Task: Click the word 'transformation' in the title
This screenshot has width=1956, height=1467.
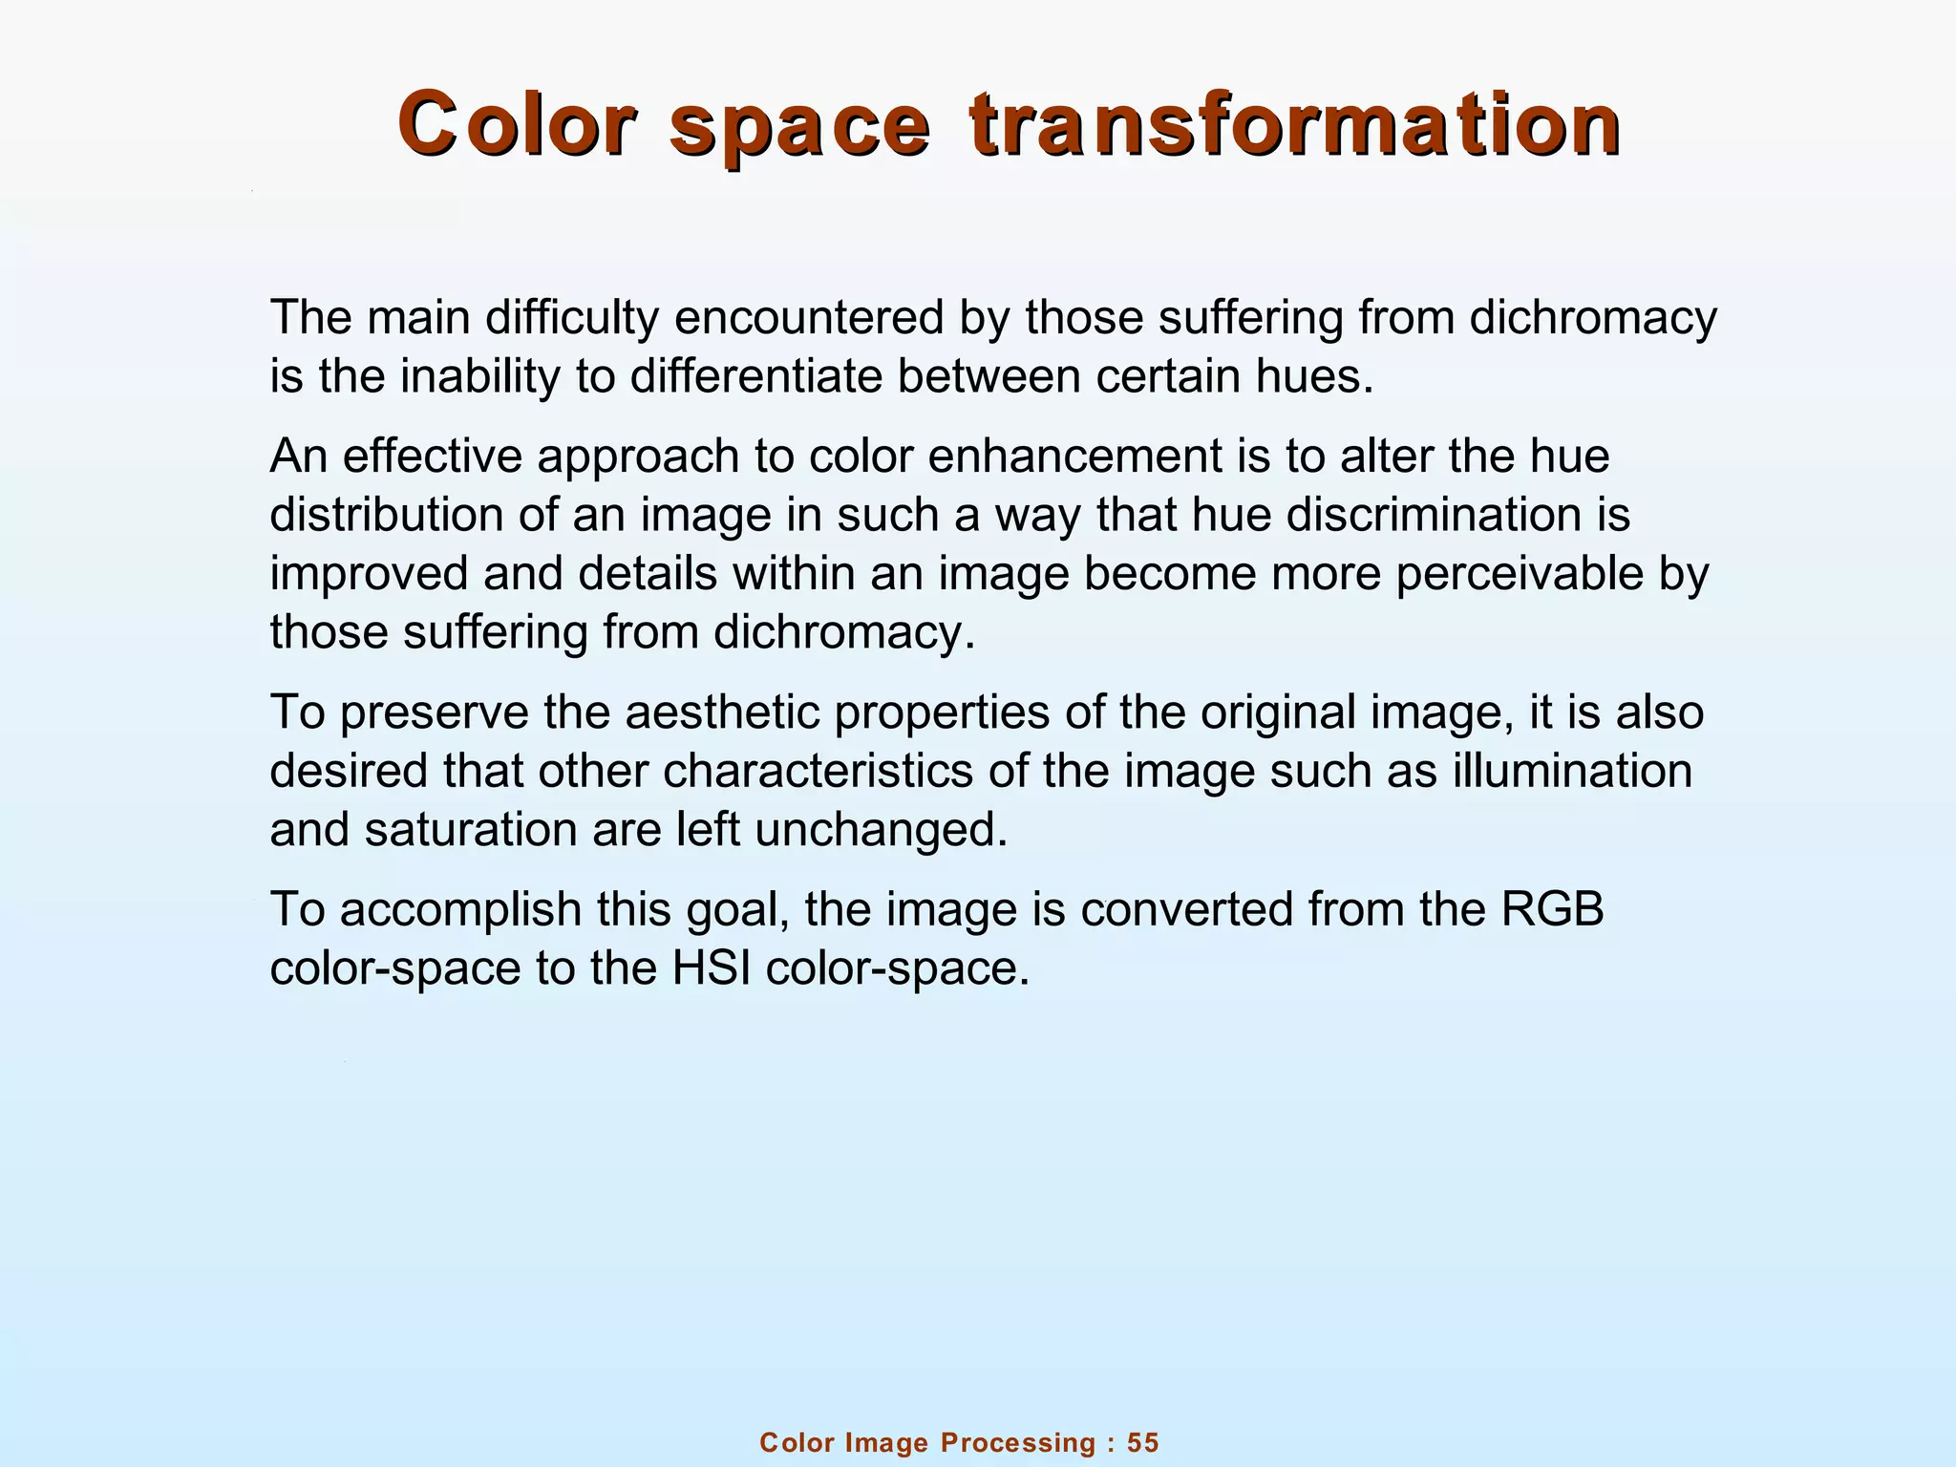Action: (x=1294, y=124)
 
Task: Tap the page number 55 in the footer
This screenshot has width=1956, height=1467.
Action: (x=1143, y=1442)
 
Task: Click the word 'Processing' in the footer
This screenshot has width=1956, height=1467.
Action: (x=1018, y=1443)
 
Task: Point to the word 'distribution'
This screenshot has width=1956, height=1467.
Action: (x=387, y=515)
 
